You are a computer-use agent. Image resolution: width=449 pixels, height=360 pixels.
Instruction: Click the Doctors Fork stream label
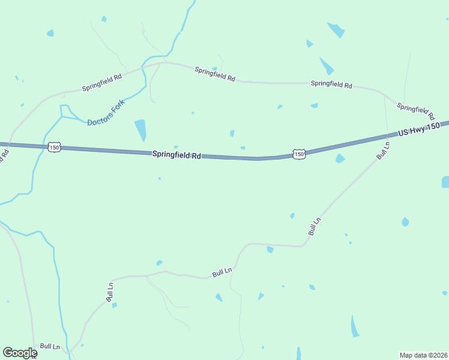[x=108, y=113]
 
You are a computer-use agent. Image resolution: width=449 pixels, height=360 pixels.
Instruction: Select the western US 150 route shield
[x=55, y=147]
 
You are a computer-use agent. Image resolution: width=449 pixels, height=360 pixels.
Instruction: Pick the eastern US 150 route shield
[x=299, y=154]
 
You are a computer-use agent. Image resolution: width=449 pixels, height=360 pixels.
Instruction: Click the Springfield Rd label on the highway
[x=176, y=155]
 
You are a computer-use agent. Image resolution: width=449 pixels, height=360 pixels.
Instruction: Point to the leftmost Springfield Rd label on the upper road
[x=102, y=82]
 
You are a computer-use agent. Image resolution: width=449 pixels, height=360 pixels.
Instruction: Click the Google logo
[x=20, y=353]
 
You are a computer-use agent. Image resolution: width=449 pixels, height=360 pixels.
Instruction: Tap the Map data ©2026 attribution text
[x=423, y=355]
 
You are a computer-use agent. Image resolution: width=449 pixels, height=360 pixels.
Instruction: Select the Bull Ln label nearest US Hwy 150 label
[x=383, y=149]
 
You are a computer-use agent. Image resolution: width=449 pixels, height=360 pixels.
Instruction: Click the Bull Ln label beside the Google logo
[x=50, y=347]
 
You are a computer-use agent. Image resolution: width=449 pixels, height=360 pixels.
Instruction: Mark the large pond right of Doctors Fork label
[x=140, y=129]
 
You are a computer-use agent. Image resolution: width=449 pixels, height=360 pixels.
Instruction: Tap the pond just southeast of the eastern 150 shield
[x=340, y=158]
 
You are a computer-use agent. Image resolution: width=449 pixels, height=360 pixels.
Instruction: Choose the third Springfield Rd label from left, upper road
[x=331, y=85]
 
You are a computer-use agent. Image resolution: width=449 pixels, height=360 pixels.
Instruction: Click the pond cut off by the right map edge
[x=445, y=181]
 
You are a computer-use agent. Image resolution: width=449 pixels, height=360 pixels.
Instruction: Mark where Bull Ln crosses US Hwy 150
[x=385, y=137]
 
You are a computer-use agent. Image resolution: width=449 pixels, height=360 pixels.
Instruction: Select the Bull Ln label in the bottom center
[x=222, y=272]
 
